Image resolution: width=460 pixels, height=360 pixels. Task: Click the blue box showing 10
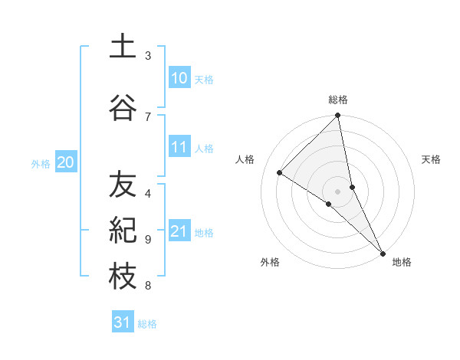click(179, 78)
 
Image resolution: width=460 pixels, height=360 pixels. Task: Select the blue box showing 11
click(179, 147)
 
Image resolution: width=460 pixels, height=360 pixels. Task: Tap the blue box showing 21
click(179, 231)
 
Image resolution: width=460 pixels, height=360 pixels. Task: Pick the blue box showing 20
click(66, 162)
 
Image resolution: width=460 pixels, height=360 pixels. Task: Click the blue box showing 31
click(123, 322)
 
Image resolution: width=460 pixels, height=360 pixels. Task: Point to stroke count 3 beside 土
click(148, 56)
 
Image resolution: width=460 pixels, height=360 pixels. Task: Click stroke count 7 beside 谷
click(148, 116)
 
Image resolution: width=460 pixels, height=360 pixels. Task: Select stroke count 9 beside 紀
click(148, 239)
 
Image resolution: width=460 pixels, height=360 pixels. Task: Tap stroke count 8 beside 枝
click(148, 286)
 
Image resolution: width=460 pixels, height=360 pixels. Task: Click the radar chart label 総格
click(338, 100)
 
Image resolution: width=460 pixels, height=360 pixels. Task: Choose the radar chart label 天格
click(431, 159)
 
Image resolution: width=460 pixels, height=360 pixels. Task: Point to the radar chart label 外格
click(269, 262)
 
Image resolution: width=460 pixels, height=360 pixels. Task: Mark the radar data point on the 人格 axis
click(280, 172)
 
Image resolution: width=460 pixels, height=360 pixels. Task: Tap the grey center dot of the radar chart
click(338, 191)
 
